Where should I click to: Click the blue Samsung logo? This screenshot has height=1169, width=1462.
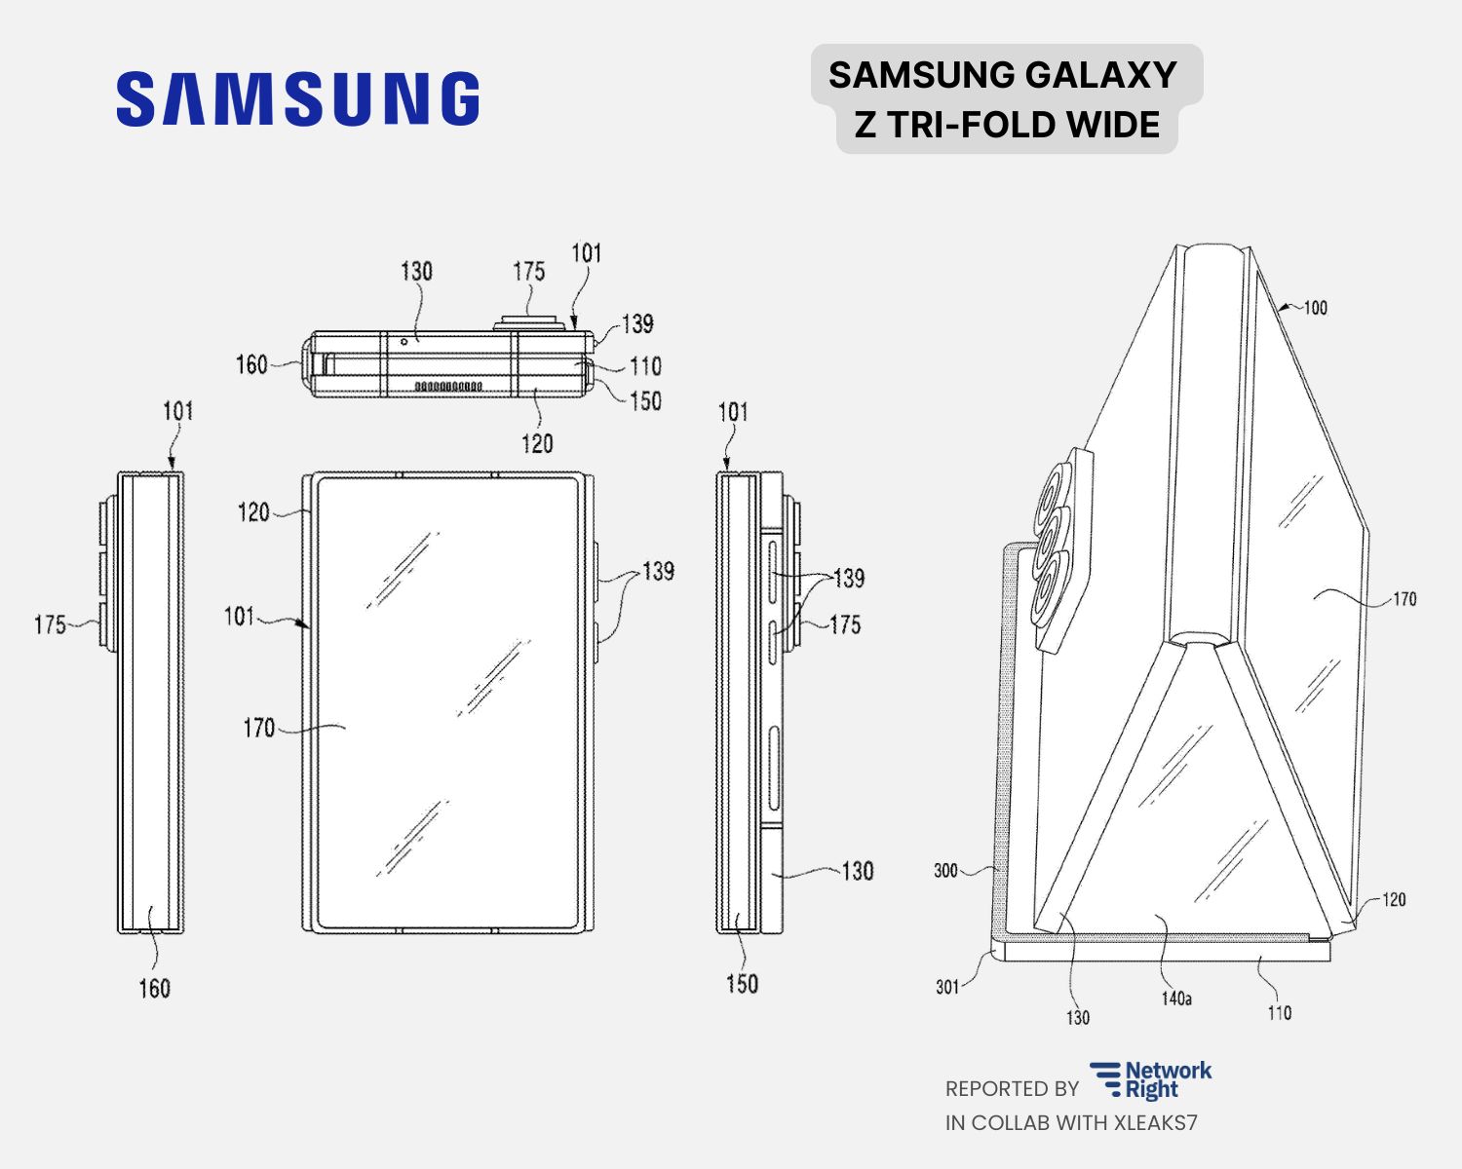click(297, 98)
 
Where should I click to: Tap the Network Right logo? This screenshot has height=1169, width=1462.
click(1151, 1080)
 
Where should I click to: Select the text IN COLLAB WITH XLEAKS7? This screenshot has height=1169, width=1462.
click(1070, 1122)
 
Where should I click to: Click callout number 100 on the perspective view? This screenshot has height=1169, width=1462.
click(1315, 308)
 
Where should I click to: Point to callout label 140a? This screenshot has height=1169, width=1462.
click(1176, 999)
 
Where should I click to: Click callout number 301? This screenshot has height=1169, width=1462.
click(947, 987)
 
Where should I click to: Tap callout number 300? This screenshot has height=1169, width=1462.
click(945, 870)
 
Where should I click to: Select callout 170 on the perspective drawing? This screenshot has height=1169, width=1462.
click(1404, 599)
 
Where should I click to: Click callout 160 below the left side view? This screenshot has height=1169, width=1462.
click(154, 989)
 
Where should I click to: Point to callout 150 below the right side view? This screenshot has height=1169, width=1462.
click(742, 984)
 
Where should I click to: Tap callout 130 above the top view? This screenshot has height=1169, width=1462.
click(416, 271)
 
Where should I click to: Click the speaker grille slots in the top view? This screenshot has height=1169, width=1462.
click(448, 387)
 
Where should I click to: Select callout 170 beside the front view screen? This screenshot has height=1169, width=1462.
click(259, 727)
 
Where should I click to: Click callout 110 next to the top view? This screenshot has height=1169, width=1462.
click(645, 366)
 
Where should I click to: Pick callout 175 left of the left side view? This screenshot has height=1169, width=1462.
click(50, 624)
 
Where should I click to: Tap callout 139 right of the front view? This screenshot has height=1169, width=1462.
click(658, 571)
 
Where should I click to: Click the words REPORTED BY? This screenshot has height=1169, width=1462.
click(1012, 1089)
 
